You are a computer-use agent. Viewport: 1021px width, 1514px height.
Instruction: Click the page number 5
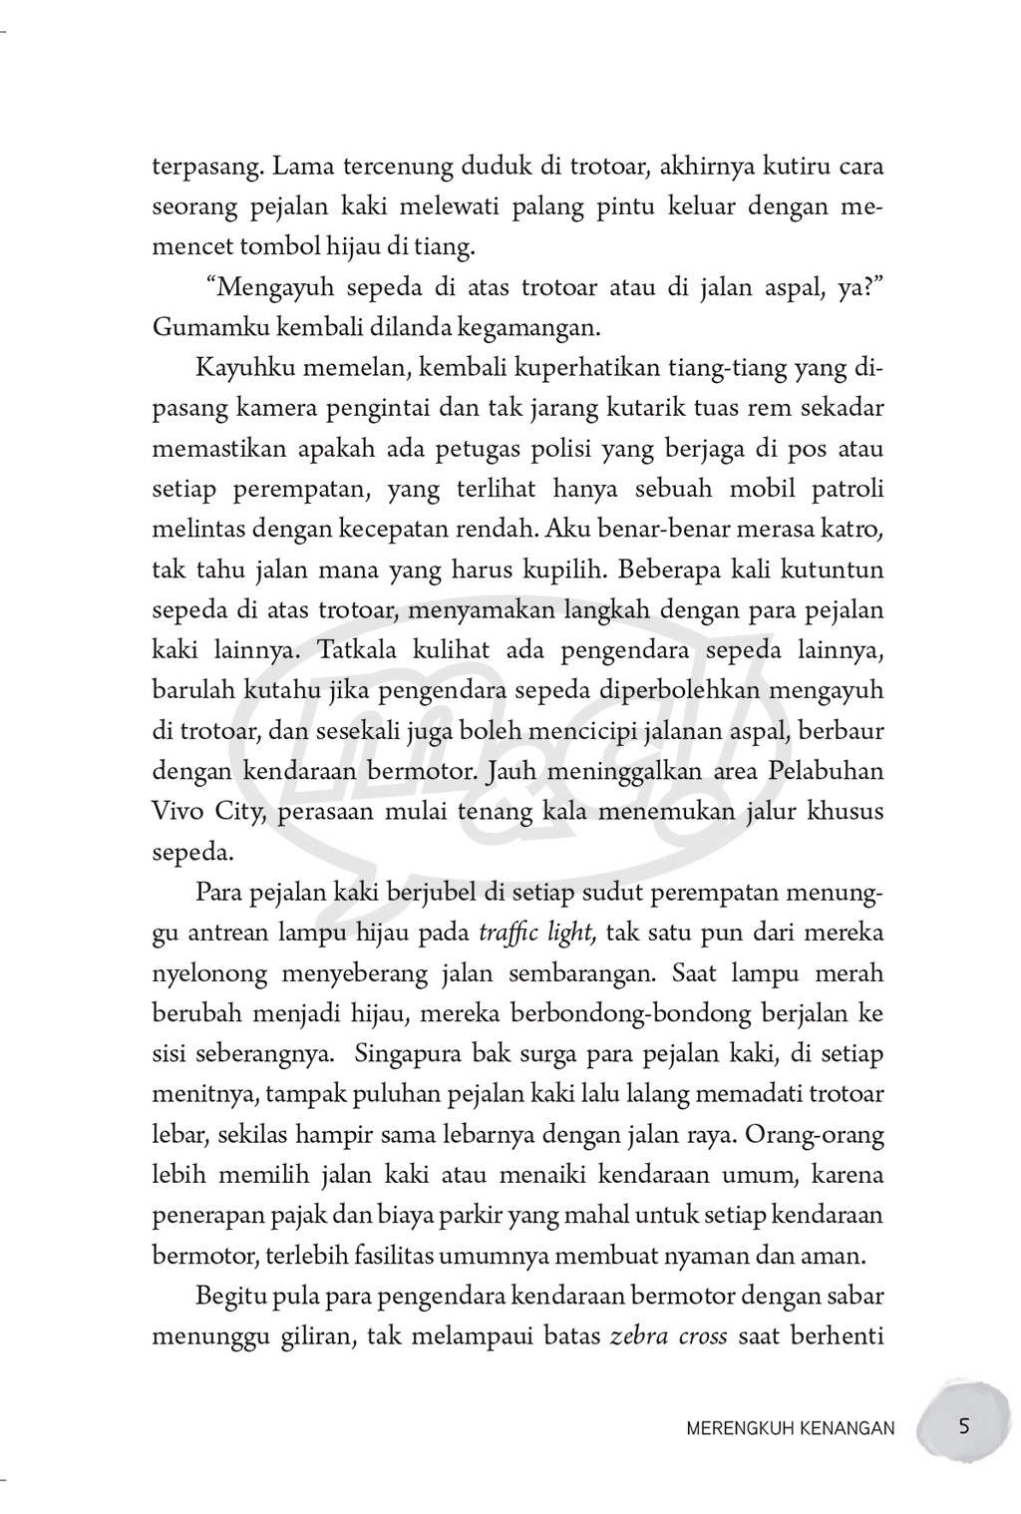point(963,1426)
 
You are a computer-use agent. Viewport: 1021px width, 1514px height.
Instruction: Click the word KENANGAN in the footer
point(850,1428)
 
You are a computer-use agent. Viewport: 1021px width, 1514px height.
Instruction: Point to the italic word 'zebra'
point(638,1336)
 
